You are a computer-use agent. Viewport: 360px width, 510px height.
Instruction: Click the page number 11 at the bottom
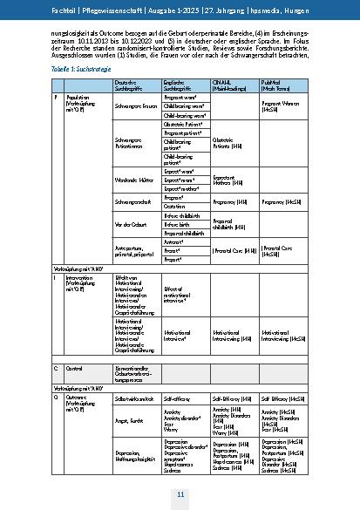click(180, 494)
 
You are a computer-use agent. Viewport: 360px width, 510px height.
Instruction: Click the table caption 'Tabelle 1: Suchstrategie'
click(72, 67)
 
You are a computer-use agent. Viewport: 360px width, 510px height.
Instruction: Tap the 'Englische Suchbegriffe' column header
click(180, 85)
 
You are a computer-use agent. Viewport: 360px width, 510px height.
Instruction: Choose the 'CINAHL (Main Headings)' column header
click(230, 85)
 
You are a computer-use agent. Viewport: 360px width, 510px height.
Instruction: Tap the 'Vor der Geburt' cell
click(129, 225)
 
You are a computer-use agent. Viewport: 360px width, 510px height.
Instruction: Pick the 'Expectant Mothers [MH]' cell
click(227, 179)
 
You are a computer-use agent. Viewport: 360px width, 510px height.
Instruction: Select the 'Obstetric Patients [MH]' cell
click(228, 142)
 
